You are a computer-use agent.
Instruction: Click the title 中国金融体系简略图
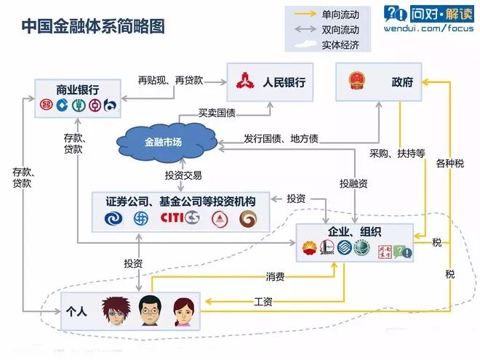pos(92,26)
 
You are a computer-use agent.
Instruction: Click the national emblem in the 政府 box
pos(357,82)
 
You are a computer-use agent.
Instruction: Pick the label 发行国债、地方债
pos(281,138)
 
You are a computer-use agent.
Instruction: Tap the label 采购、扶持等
pos(397,154)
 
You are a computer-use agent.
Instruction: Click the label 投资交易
pos(183,175)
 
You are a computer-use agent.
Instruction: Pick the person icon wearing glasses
pos(148,311)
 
